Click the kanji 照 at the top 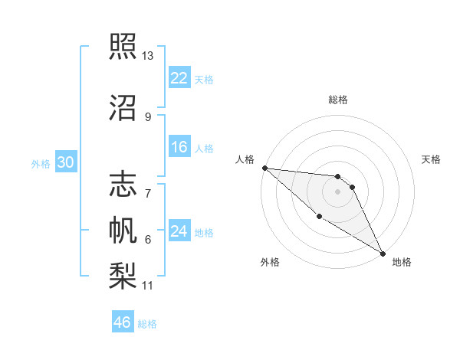coord(123,47)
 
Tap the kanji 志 coord(123,185)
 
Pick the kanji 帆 coord(123,229)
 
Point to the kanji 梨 coord(123,273)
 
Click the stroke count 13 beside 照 coord(148,56)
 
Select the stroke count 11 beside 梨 coord(148,286)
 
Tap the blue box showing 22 coord(179,78)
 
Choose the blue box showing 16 coord(179,147)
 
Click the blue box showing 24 coord(179,231)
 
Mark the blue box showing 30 coord(66,162)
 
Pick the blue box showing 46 coord(123,322)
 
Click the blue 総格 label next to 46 coord(147,324)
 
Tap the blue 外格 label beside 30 coord(41,164)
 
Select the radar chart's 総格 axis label coord(338,100)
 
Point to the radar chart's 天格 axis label coord(432,159)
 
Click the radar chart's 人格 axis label coord(245,159)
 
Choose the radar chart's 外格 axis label coord(270,262)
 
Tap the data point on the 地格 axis coord(383,253)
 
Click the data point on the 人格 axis coord(264,168)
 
